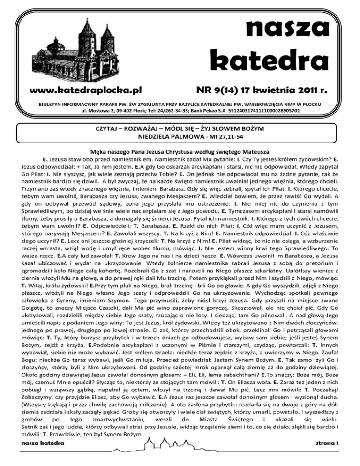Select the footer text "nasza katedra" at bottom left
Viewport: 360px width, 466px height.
tap(40, 456)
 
